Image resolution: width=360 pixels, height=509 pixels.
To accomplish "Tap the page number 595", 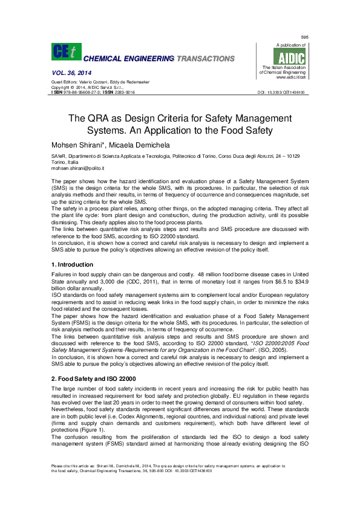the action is tap(305, 37).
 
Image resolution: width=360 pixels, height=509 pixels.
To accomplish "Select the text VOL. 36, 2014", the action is tap(69, 73).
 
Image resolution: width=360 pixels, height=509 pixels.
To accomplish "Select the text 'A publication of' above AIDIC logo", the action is tap(291, 45).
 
